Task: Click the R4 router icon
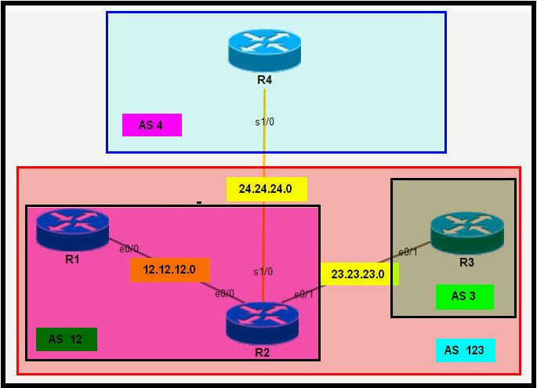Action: tap(264, 49)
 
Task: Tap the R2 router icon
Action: tap(262, 322)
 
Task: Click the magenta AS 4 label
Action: tap(152, 125)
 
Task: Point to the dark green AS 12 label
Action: tap(67, 339)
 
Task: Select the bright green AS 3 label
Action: tap(465, 296)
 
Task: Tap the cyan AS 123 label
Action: tap(465, 350)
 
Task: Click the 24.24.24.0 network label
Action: tap(267, 190)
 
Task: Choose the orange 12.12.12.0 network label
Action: tap(170, 270)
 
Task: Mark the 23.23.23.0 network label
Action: tap(358, 274)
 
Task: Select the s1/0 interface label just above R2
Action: tap(262, 272)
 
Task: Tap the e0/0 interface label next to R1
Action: tap(129, 249)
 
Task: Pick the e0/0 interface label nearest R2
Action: tap(225, 293)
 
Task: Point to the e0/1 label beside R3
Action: tap(408, 252)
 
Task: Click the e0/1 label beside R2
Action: tap(303, 294)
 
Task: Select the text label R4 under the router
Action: tap(264, 79)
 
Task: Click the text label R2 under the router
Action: tap(262, 352)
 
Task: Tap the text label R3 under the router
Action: tap(466, 263)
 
